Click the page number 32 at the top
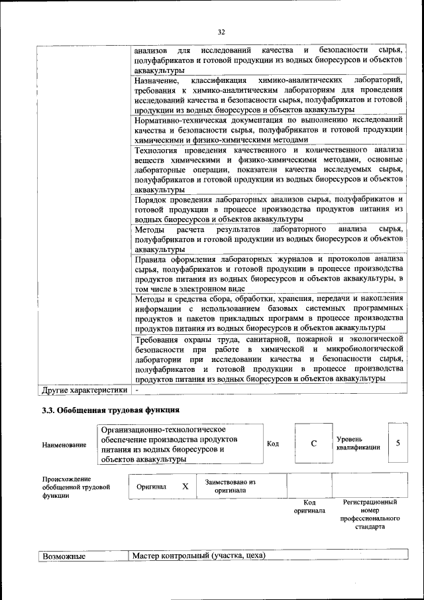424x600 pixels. [x=221, y=31]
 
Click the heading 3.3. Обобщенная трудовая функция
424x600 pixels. [x=111, y=410]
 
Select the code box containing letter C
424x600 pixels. [x=313, y=444]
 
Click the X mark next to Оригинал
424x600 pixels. [x=185, y=486]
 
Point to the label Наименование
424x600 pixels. [x=64, y=444]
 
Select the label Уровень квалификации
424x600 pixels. [x=358, y=443]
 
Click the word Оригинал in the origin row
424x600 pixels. [x=151, y=486]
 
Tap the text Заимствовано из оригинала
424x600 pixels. [x=230, y=487]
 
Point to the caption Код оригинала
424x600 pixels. [x=309, y=507]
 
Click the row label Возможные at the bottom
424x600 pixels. [x=64, y=556]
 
